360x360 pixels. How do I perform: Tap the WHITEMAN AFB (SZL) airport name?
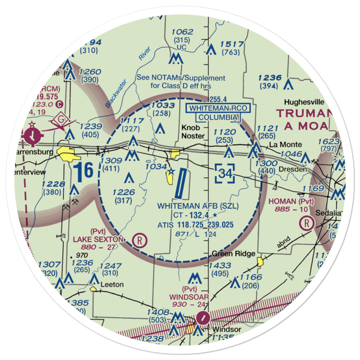click(198, 206)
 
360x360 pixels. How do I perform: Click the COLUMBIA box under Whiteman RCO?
click(218, 117)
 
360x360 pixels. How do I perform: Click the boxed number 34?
click(225, 174)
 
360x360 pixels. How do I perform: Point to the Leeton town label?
click(112, 284)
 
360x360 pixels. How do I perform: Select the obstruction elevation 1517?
click(232, 44)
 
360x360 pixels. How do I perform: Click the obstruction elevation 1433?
click(220, 266)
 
